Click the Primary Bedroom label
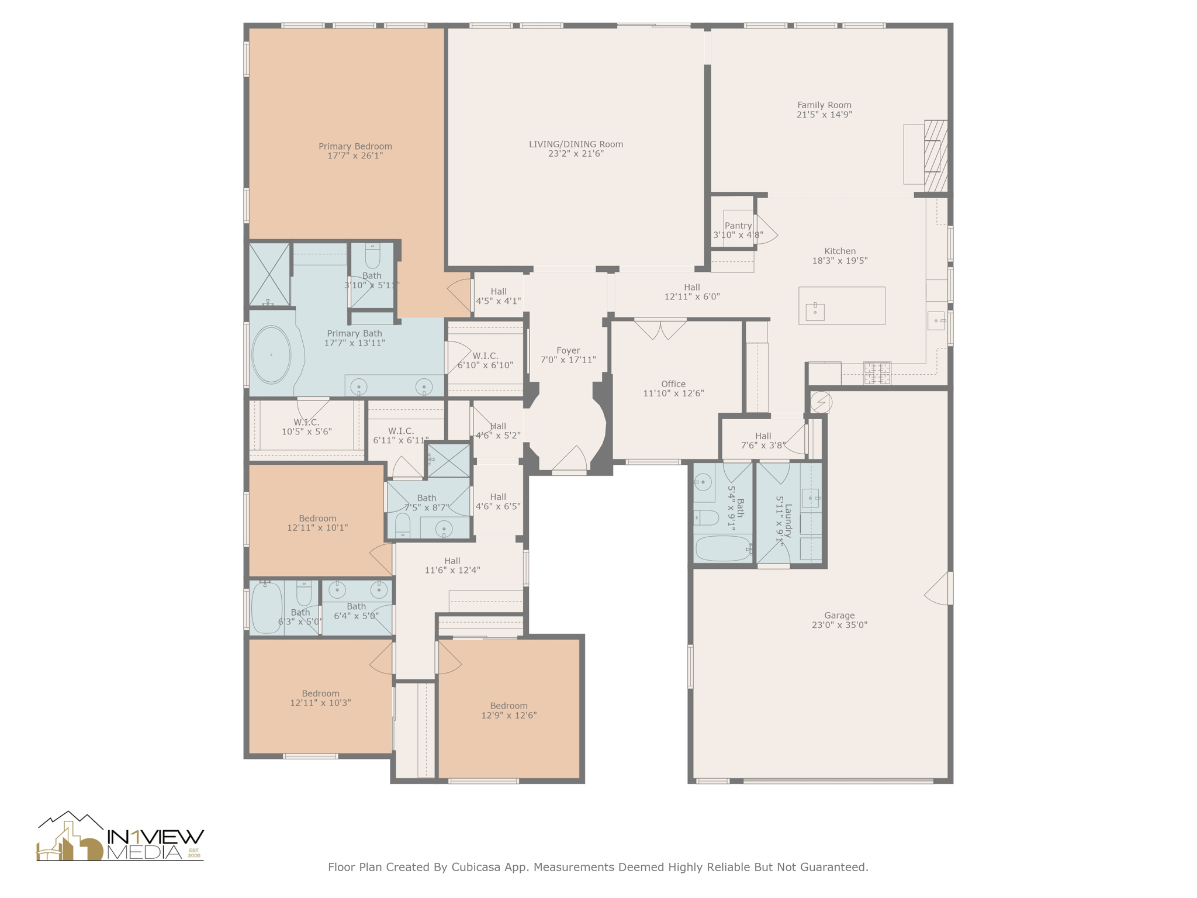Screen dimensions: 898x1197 tap(355, 146)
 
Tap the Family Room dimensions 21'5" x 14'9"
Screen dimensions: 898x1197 tap(824, 115)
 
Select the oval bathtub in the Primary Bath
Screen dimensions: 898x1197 tap(271, 355)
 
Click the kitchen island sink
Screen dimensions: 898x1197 tap(815, 312)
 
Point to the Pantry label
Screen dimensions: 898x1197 tap(738, 226)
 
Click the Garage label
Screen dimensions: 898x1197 tap(839, 615)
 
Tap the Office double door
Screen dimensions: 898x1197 tap(660, 329)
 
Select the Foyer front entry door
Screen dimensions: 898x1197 tap(569, 459)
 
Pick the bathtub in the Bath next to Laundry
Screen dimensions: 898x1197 tap(723, 549)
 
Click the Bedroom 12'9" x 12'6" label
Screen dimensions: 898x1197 tap(508, 706)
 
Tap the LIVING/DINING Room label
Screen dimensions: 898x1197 tap(576, 144)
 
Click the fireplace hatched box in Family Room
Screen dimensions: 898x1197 tap(935, 156)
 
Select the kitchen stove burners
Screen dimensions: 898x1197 tap(877, 373)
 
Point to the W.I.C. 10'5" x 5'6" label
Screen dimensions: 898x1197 tap(306, 423)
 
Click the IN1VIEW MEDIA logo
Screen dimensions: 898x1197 tap(120, 838)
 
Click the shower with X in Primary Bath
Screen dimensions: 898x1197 tap(269, 274)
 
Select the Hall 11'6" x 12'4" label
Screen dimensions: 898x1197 tap(452, 561)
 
